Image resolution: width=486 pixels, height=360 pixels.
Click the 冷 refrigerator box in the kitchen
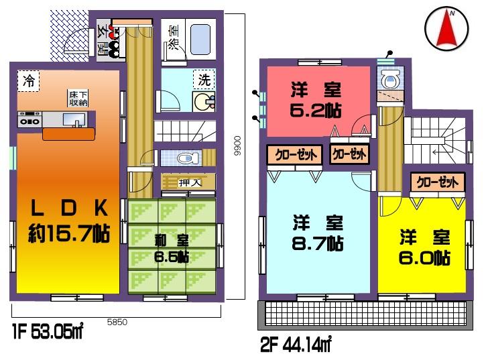[x=29, y=82]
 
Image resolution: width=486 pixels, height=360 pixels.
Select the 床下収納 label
[x=78, y=99]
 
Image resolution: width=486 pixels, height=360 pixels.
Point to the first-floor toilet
[x=186, y=158]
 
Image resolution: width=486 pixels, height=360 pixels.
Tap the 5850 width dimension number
[x=117, y=322]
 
